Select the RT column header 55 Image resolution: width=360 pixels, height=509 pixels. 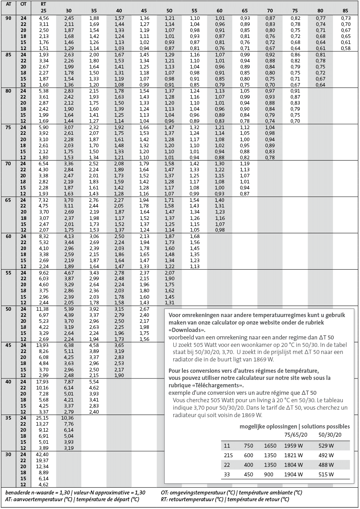pyautogui.click(x=194, y=11)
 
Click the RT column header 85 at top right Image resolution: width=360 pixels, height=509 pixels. pyautogui.click(x=345, y=11)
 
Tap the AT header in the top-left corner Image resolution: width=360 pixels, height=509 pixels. pyautogui.click(x=8, y=4)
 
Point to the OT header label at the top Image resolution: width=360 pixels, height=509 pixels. pyautogui.click(x=23, y=4)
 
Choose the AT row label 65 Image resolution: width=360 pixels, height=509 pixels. pyautogui.click(x=8, y=200)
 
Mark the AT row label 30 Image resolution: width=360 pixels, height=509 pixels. pyautogui.click(x=8, y=454)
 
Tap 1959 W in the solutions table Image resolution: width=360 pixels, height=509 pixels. pyautogui.click(x=293, y=446)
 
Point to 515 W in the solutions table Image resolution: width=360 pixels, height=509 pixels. pyautogui.click(x=326, y=474)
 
